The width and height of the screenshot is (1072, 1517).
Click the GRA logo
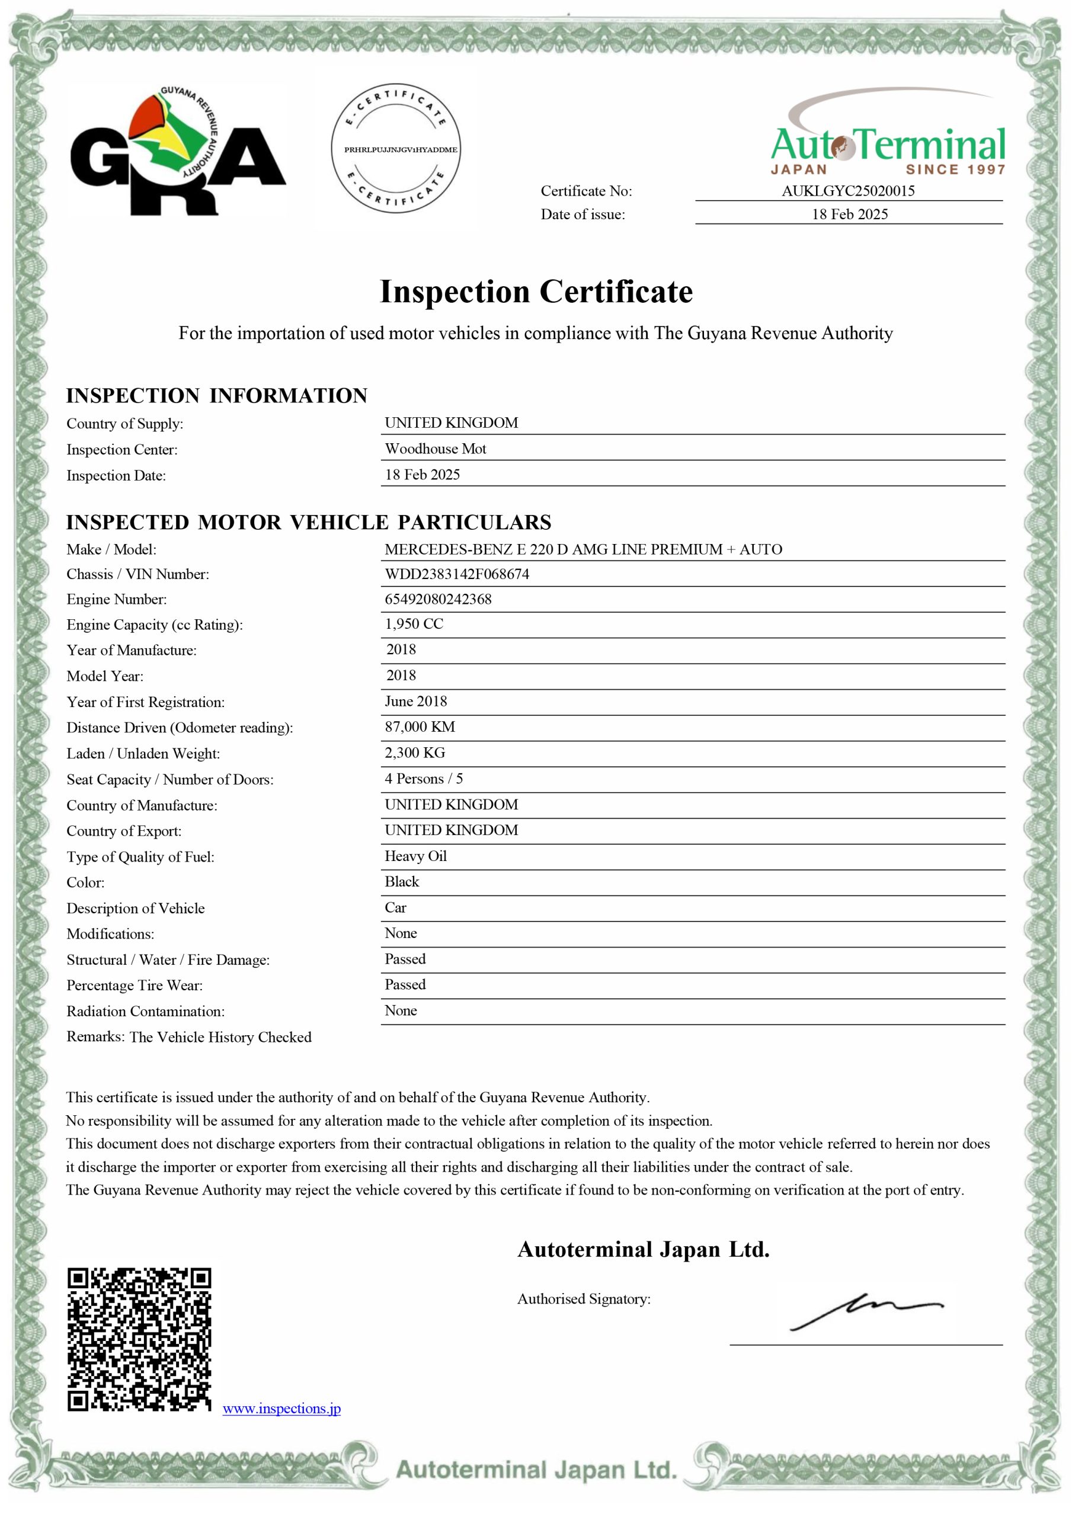click(177, 151)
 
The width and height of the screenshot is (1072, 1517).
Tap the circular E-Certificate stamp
click(401, 149)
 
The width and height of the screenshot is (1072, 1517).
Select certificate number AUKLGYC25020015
click(848, 191)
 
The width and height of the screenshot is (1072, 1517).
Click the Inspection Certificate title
click(536, 292)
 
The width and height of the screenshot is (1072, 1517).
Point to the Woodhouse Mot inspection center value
click(436, 449)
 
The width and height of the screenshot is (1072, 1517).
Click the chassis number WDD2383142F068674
click(457, 574)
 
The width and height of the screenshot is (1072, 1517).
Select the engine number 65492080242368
click(438, 599)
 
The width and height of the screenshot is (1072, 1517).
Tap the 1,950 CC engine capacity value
click(414, 624)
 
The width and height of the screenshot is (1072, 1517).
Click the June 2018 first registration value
click(416, 701)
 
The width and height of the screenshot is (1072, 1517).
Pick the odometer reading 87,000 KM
click(420, 727)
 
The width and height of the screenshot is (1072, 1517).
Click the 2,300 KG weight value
click(414, 753)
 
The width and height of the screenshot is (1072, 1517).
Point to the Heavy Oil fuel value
click(416, 856)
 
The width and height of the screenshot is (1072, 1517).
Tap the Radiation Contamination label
click(145, 1011)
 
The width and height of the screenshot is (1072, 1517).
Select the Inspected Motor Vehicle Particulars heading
click(308, 522)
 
